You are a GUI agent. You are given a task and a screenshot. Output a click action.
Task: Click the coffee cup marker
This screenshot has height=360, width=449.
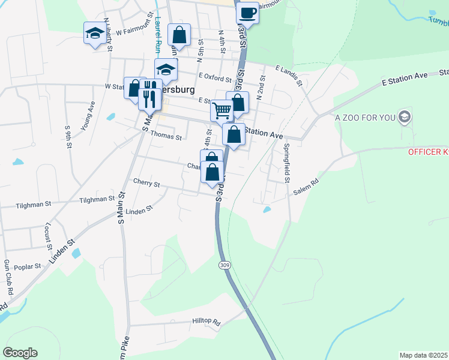(x=247, y=12)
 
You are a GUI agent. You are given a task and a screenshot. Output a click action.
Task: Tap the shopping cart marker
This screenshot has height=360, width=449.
(x=221, y=110)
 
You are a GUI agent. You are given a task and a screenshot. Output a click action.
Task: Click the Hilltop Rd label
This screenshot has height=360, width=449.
(x=206, y=322)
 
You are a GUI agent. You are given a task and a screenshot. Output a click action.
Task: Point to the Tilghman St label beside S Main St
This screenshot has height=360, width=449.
(x=97, y=199)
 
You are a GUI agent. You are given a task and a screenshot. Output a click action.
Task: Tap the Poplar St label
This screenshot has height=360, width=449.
(x=28, y=266)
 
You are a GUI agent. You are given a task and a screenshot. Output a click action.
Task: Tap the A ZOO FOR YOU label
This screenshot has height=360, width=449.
(x=364, y=117)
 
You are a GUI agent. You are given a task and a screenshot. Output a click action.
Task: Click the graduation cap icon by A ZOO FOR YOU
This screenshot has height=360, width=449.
(x=405, y=116)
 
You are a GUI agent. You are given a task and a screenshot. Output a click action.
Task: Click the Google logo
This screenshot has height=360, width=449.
(x=20, y=352)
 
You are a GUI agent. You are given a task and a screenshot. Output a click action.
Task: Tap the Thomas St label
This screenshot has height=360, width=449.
(x=166, y=137)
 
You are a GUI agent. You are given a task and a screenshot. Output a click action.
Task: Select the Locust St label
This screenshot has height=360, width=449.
(x=47, y=235)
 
